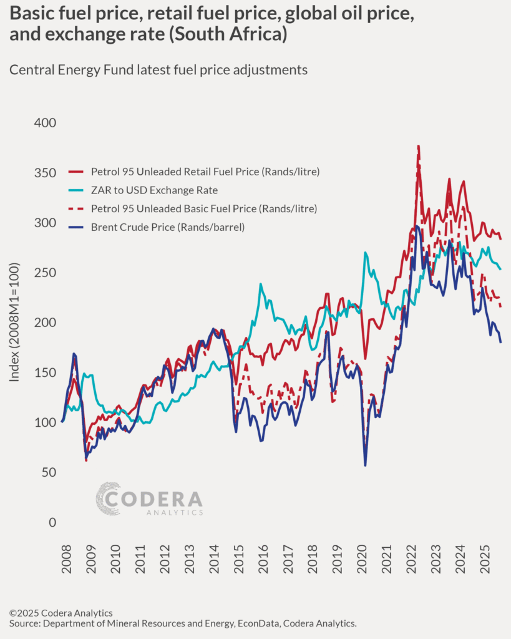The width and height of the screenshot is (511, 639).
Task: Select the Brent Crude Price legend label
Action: [x=167, y=227]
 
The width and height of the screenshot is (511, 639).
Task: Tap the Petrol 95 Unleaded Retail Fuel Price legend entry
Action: [x=205, y=171]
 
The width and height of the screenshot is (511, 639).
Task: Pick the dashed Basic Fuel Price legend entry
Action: [x=203, y=208]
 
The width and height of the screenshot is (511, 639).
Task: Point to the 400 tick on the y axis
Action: [x=44, y=123]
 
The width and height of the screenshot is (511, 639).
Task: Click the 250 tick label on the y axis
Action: [x=44, y=273]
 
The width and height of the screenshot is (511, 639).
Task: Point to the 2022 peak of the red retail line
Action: [x=418, y=146]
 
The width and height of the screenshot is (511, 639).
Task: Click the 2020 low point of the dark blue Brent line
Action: [x=365, y=465]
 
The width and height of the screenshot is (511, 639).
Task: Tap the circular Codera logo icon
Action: [x=109, y=499]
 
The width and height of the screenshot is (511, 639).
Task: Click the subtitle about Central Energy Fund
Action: [x=158, y=70]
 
